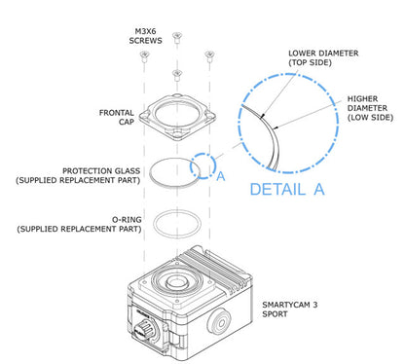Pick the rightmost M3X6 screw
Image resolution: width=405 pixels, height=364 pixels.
pos(208,55)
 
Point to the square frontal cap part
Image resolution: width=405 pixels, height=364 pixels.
pos(176,109)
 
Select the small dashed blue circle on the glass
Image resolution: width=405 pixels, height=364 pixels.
pos(203,164)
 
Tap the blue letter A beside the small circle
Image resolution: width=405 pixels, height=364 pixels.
pos(221,176)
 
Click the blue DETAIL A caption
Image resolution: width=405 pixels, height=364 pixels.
pos(286,189)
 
